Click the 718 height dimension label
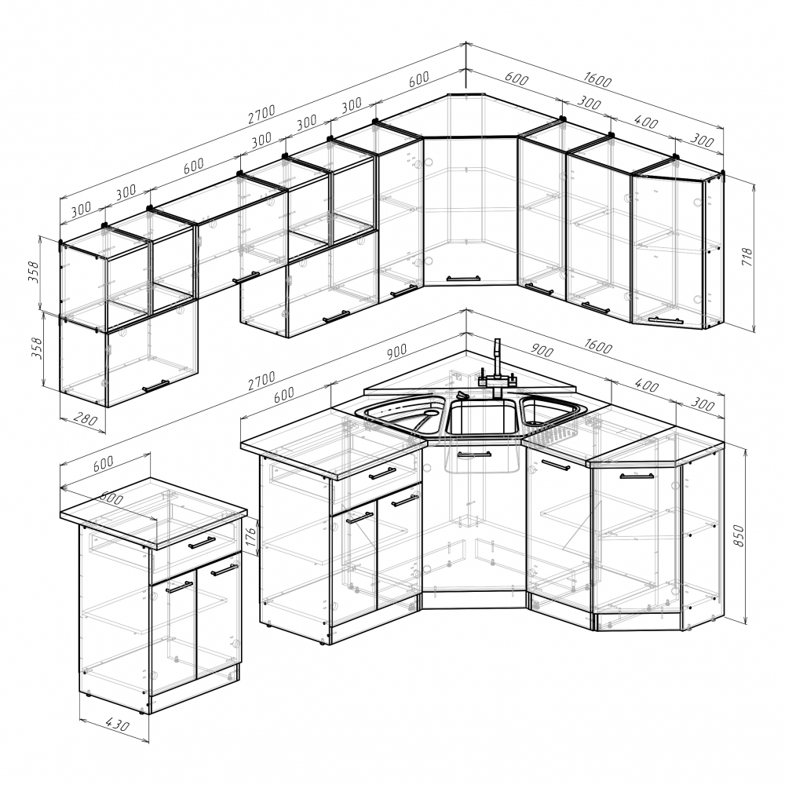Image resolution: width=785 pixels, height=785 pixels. point(747,257)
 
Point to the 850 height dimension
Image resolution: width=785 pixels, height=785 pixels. point(739,535)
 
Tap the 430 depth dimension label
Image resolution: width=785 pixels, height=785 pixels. point(118,725)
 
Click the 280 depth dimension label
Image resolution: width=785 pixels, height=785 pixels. point(86,419)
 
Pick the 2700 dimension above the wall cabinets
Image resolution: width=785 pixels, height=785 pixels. point(262,114)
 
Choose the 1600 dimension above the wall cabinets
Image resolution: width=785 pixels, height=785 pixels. point(597,79)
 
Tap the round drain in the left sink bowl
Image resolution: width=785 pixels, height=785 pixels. point(430,414)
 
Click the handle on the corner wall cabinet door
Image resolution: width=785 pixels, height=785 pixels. point(463,279)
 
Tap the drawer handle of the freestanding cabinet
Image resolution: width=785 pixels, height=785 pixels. point(202,542)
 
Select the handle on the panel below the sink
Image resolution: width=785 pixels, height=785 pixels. point(474,455)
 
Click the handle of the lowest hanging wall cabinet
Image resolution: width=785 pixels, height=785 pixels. point(155,385)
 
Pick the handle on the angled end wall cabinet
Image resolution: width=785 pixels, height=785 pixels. point(666,320)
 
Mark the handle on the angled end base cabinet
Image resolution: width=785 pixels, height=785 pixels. point(637,476)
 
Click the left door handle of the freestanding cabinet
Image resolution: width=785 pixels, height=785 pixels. point(179,587)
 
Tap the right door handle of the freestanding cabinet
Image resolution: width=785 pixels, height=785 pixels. point(224,570)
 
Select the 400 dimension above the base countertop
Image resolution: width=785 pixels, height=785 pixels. point(646,386)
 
